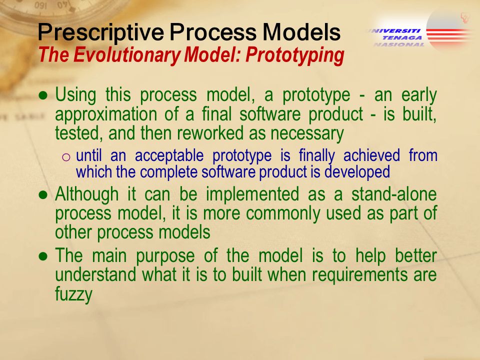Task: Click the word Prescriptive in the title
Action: pyautogui.click(x=100, y=32)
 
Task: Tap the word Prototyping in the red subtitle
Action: pyautogui.click(x=295, y=55)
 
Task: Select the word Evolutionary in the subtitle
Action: pyautogui.click(x=126, y=55)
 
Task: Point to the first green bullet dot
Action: pyautogui.click(x=43, y=95)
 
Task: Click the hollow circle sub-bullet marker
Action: pyautogui.click(x=66, y=157)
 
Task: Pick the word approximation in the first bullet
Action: pyautogui.click(x=106, y=114)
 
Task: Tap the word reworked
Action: pyautogui.click(x=210, y=133)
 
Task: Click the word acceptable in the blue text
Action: pyautogui.click(x=169, y=156)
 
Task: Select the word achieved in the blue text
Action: pyautogui.click(x=371, y=155)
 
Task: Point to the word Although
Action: pyautogui.click(x=87, y=194)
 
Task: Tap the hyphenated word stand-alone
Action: pyautogui.click(x=394, y=194)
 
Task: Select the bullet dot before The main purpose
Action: pyautogui.click(x=43, y=256)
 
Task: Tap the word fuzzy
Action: pyautogui.click(x=74, y=294)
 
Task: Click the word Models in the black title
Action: pyautogui.click(x=301, y=32)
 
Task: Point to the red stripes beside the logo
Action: pyautogui.click(x=448, y=34)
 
